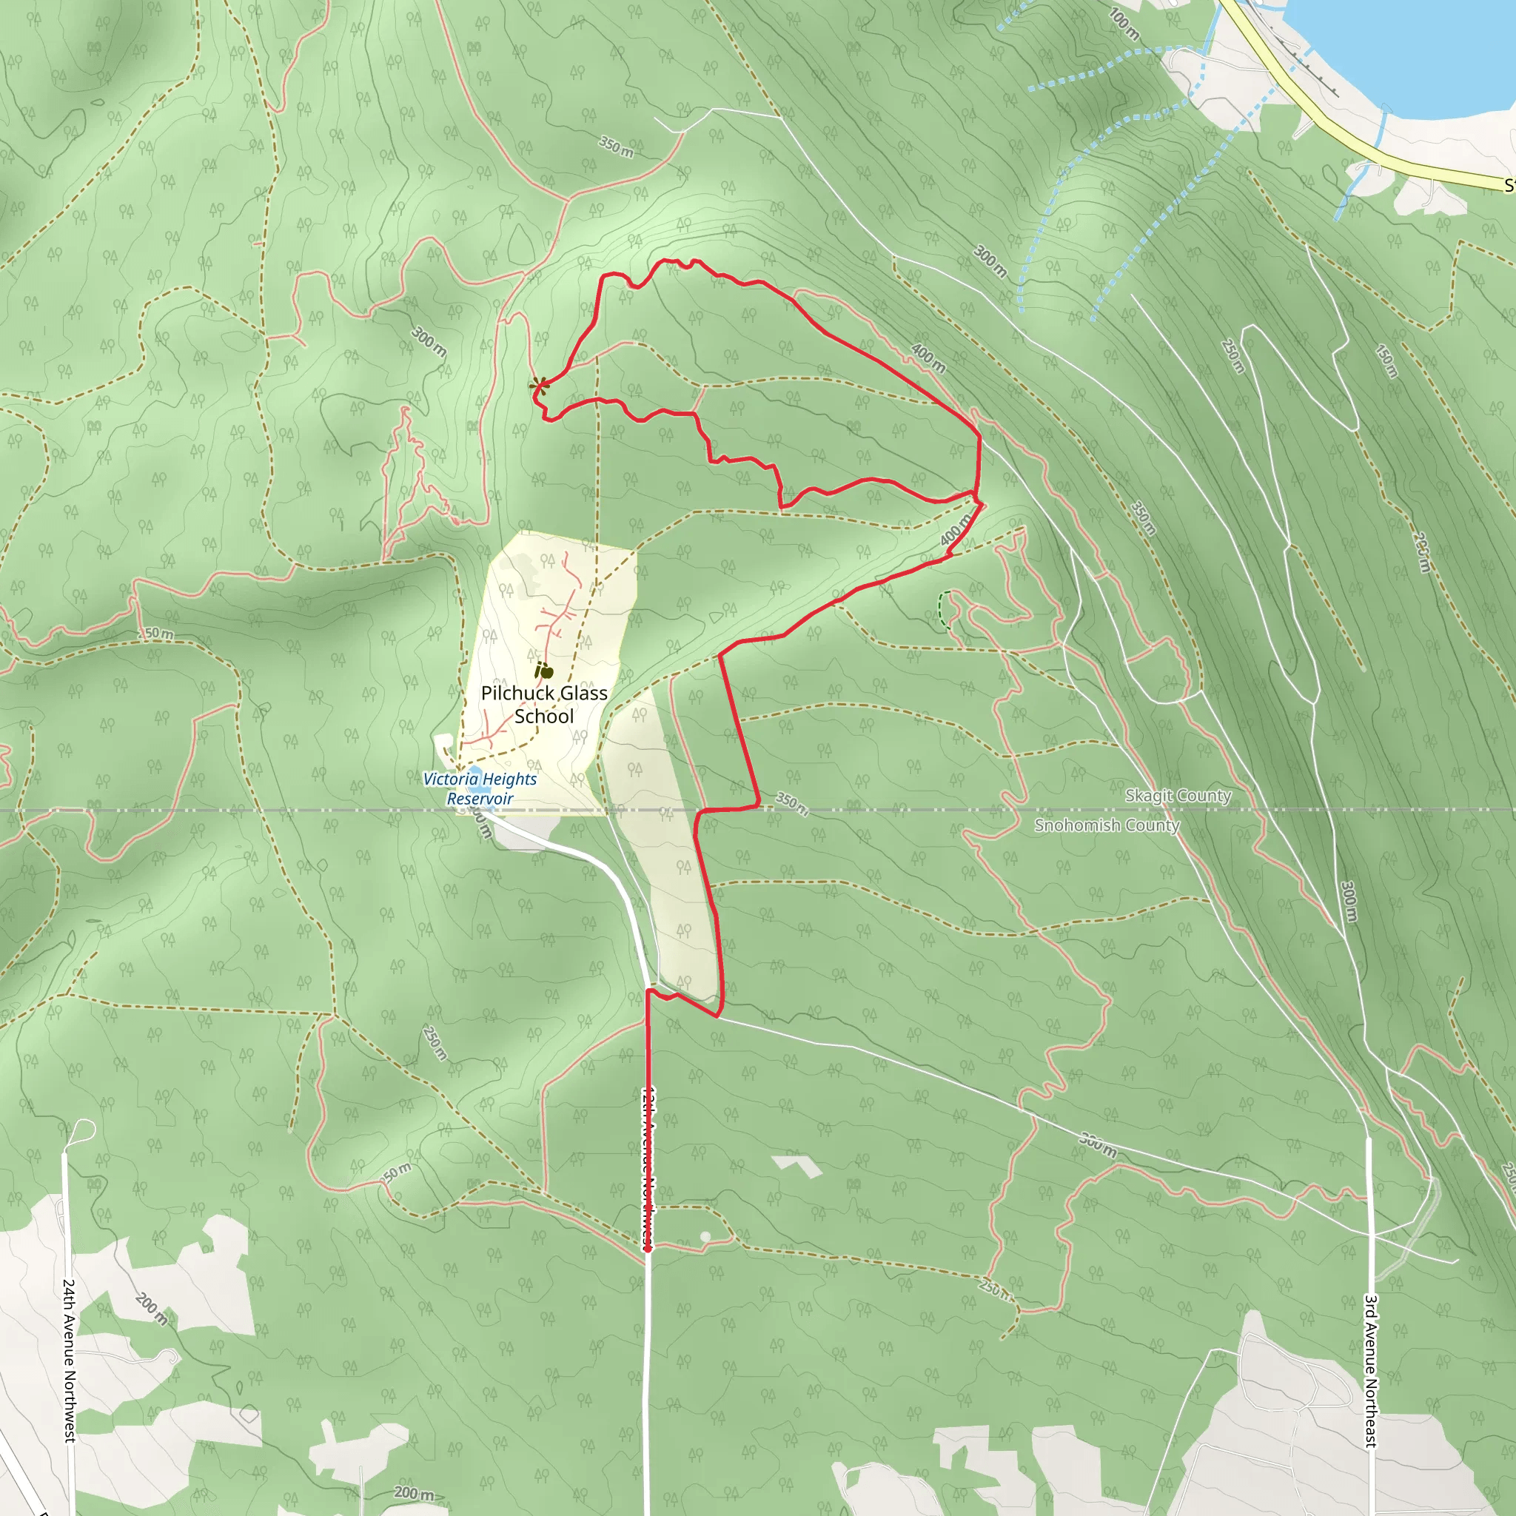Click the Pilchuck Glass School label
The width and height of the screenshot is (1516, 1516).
544,704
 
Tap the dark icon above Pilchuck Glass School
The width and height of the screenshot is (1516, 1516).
544,671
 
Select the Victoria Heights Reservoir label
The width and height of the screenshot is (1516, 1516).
480,788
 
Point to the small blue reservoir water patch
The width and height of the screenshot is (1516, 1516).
473,773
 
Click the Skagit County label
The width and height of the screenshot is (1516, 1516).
1178,796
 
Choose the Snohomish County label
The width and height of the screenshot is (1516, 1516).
1107,825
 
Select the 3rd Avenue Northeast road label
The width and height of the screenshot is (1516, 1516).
1370,1370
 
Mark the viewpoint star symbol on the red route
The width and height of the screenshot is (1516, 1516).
539,384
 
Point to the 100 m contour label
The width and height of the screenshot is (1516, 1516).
1124,24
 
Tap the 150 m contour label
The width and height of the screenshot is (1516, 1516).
1387,361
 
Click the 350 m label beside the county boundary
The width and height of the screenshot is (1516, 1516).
792,802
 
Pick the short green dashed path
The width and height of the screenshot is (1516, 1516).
942,609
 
